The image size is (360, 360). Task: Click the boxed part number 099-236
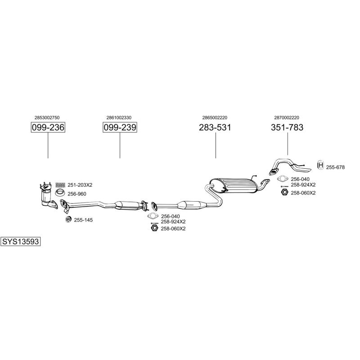pyautogui.click(x=48, y=128)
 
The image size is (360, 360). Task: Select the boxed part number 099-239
pyautogui.click(x=120, y=128)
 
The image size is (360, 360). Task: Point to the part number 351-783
pyautogui.click(x=287, y=128)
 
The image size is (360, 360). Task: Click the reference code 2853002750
pyautogui.click(x=47, y=117)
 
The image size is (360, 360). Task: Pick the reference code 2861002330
pyautogui.click(x=119, y=117)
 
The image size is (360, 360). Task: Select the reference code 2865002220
pyautogui.click(x=215, y=117)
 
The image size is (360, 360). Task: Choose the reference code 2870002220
pyautogui.click(x=286, y=117)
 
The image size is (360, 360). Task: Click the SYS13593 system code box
pyautogui.click(x=21, y=241)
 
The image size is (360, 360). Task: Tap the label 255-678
pyautogui.click(x=335, y=167)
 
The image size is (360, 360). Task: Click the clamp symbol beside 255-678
pyautogui.click(x=320, y=166)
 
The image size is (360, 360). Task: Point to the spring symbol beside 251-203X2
pyautogui.click(x=60, y=185)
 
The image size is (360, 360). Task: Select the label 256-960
pyautogui.click(x=77, y=194)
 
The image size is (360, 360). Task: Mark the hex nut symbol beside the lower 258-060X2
pyautogui.click(x=153, y=229)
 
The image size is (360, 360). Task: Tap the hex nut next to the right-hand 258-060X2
pyautogui.click(x=284, y=193)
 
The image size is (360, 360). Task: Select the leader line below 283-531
pyautogui.click(x=215, y=146)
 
